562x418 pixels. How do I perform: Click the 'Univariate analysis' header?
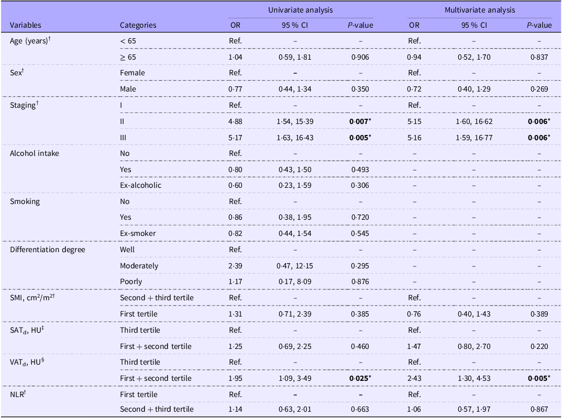300,10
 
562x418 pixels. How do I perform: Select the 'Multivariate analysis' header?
480,10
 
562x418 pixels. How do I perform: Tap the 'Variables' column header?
26,25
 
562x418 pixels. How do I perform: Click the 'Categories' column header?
138,25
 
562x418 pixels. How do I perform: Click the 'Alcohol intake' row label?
35,153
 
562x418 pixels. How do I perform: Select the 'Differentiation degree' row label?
48,250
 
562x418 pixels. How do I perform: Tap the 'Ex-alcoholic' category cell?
140,185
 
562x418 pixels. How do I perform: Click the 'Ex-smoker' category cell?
138,233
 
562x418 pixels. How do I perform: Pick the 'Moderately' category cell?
139,266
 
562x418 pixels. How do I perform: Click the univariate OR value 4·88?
235,121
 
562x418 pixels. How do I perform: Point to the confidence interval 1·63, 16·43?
295,138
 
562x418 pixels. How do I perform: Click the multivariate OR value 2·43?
414,378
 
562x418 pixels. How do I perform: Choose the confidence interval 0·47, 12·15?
295,266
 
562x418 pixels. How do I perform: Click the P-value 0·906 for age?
360,57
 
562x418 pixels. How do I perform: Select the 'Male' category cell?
128,89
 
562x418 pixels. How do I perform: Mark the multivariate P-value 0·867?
539,409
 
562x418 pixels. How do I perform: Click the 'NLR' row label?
18,394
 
